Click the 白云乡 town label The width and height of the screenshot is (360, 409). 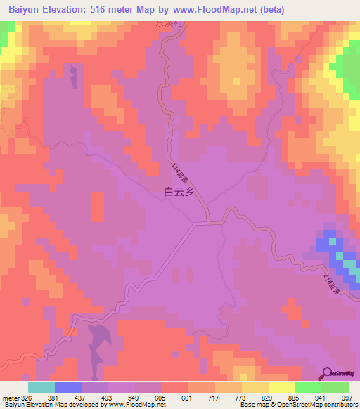(x=179, y=190)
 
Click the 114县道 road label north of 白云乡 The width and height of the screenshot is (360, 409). (x=179, y=172)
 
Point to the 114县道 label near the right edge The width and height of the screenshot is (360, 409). (x=331, y=284)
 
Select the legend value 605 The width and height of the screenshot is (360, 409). (x=160, y=397)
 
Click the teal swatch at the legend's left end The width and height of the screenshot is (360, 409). (x=41, y=387)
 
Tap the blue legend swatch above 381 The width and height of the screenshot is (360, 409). (x=68, y=387)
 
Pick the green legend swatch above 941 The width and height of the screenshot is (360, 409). (x=309, y=387)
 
